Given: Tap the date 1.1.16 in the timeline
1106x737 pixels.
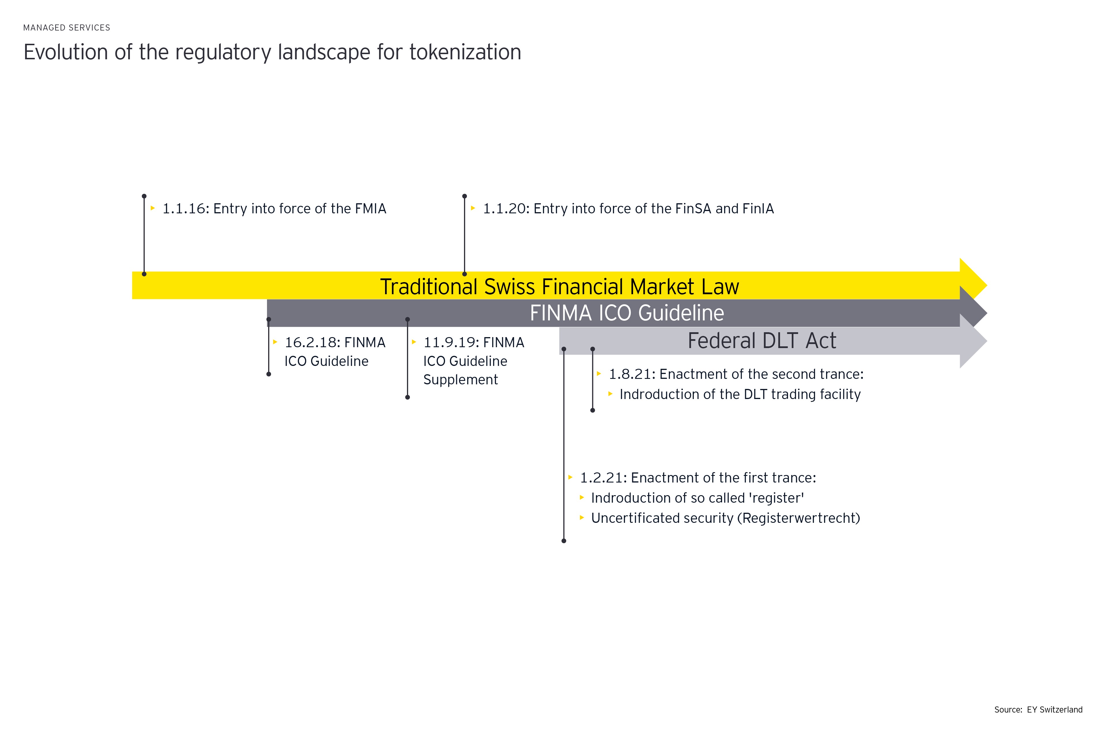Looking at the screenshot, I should pos(185,209).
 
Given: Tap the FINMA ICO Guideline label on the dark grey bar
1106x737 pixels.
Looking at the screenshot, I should pos(627,313).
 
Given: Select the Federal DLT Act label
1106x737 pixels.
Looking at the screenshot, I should pos(762,341).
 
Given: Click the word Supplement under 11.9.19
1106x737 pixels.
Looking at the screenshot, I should pos(460,380).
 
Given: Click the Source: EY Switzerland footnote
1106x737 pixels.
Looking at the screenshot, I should pos(1038,710).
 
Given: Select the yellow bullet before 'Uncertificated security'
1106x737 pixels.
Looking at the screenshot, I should pos(582,518).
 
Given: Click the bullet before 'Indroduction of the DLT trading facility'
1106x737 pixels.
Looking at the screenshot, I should pos(610,394).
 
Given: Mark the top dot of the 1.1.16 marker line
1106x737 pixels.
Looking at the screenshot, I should pos(144,196).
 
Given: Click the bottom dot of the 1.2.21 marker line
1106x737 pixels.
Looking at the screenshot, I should pos(564,541).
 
